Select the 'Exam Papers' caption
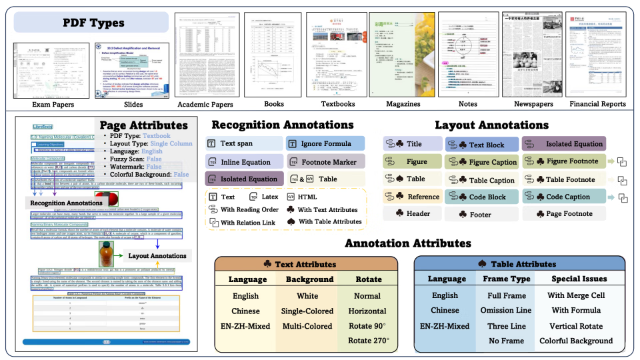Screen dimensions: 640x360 click(43, 105)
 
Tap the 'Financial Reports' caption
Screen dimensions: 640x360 click(598, 105)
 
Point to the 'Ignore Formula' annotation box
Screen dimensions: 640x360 click(325, 143)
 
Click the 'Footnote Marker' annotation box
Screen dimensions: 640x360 click(325, 161)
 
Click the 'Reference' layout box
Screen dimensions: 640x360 click(412, 197)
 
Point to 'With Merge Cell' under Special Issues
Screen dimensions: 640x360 click(575, 295)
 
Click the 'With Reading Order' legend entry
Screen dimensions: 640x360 click(247, 209)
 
